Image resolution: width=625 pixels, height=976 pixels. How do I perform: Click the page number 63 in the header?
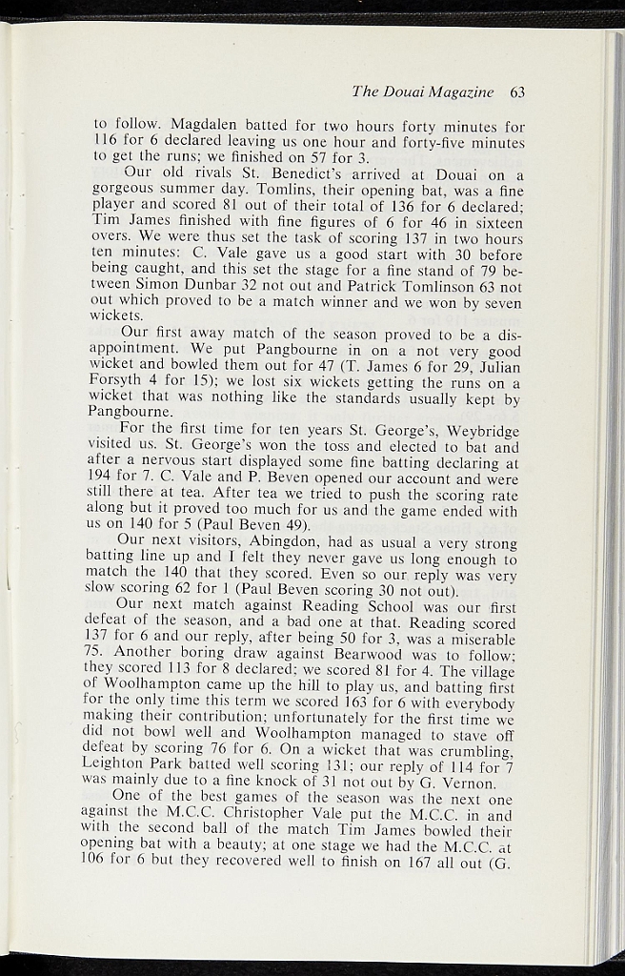517,92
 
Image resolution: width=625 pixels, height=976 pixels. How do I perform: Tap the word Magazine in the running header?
464,92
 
